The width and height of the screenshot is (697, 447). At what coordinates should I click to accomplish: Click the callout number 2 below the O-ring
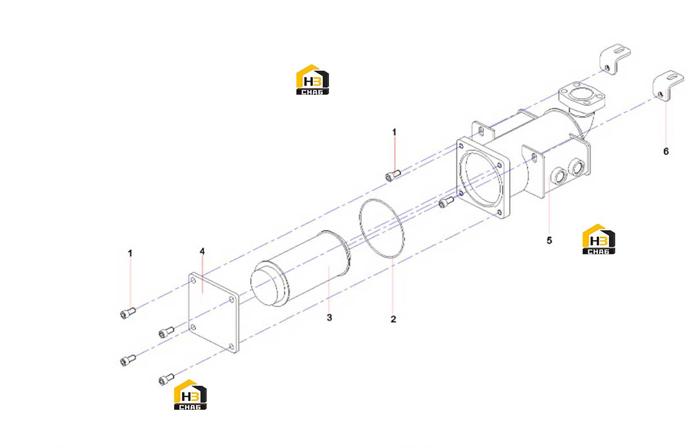tap(393, 319)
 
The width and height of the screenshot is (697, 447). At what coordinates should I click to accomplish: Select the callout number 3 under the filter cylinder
tap(329, 317)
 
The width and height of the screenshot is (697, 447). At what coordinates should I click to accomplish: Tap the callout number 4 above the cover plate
tap(202, 251)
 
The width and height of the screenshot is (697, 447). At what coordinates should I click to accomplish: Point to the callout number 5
tap(549, 240)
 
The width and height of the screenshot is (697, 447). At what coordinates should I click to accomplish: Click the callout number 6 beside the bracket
tap(666, 151)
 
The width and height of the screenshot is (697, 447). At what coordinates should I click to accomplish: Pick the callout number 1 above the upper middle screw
tap(394, 132)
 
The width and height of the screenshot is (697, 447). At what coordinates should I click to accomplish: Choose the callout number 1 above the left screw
tap(130, 254)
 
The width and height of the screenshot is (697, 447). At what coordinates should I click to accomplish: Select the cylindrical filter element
tap(301, 268)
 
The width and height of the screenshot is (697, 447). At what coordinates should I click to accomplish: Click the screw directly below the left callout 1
tap(127, 313)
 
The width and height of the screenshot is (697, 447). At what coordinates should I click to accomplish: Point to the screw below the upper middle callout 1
tap(393, 175)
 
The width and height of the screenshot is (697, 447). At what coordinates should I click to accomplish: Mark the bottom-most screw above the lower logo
tap(166, 379)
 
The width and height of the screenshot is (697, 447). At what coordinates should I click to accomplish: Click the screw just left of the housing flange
tap(446, 202)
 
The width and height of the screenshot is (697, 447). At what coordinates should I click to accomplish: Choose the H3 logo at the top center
tap(312, 79)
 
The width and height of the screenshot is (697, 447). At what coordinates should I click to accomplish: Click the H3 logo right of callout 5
tap(598, 239)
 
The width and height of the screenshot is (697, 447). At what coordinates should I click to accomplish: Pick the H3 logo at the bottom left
tap(190, 395)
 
